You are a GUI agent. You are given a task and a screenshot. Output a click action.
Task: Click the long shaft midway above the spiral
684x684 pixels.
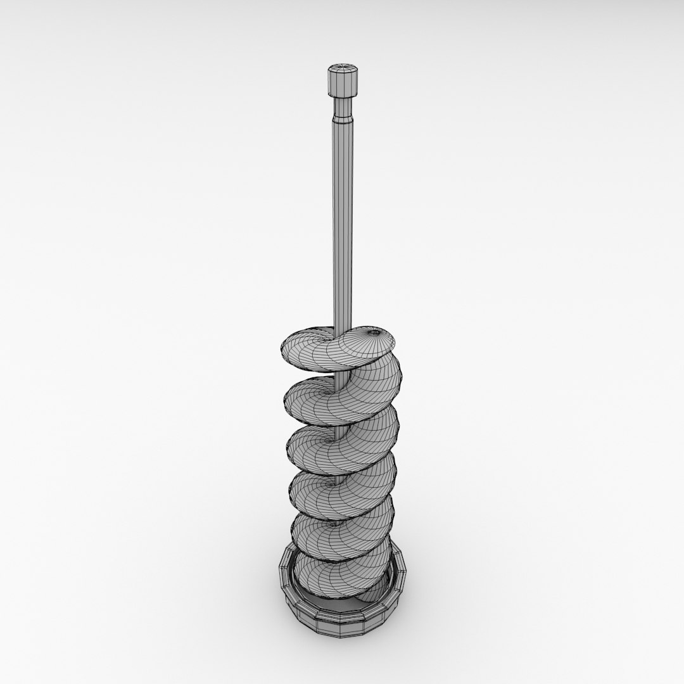(342, 222)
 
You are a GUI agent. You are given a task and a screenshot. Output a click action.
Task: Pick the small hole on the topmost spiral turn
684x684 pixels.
(374, 332)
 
